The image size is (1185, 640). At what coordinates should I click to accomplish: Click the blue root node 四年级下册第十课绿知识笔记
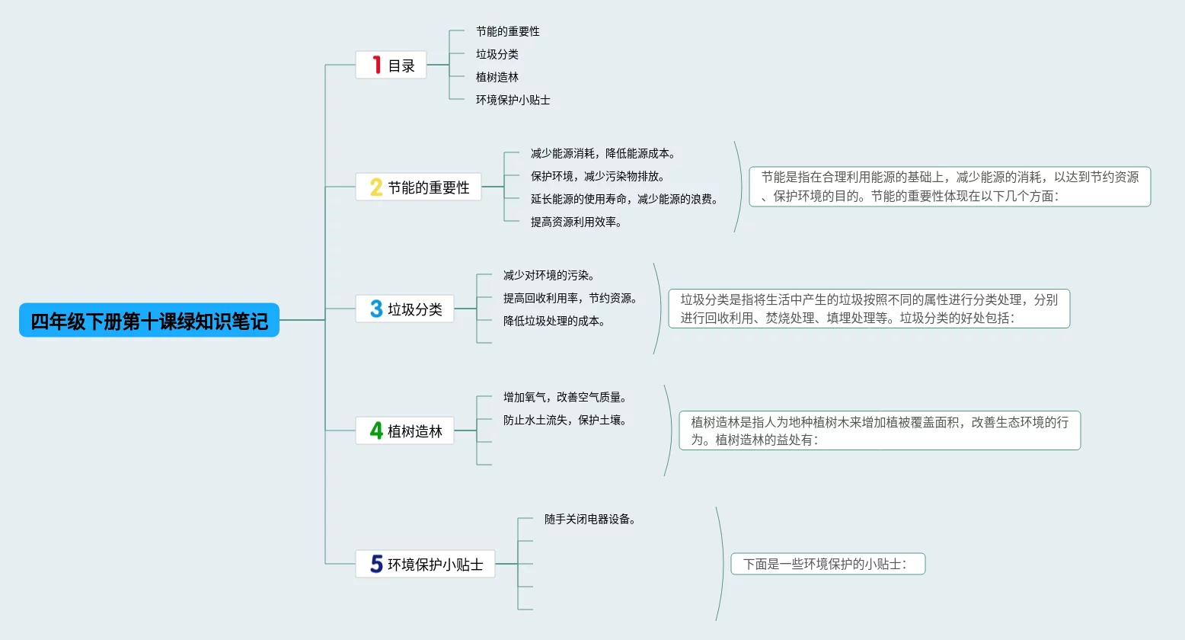pos(149,321)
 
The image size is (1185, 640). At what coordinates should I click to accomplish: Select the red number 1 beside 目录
pos(376,65)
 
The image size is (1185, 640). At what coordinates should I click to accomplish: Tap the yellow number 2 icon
pos(375,187)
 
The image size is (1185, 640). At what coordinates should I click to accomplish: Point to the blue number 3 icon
pos(375,309)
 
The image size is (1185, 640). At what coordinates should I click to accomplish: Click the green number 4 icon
pos(375,430)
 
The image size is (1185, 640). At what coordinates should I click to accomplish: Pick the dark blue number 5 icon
pos(376,564)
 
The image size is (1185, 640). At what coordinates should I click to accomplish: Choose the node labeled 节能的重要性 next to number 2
pos(428,187)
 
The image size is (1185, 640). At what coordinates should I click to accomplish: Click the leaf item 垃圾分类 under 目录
pos(497,54)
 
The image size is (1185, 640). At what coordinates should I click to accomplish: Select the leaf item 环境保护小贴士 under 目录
pos(513,100)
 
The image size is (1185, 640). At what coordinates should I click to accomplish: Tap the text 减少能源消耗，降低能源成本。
pos(602,153)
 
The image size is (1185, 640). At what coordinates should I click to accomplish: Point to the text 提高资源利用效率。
pos(576,222)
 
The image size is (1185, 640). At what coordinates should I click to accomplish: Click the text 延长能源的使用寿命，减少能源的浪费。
pos(624,199)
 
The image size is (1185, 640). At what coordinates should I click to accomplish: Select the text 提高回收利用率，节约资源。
pos(570,298)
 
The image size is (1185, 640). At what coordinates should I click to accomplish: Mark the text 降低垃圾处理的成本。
pos(554,321)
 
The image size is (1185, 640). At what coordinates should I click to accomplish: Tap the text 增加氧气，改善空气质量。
pos(564,397)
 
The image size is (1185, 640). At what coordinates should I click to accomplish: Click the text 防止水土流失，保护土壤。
pos(564,420)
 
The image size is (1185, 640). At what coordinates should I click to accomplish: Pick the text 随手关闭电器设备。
pos(589,519)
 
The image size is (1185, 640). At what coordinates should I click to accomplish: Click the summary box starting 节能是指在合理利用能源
pos(950,187)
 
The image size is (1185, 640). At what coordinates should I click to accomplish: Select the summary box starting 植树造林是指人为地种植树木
pos(880,430)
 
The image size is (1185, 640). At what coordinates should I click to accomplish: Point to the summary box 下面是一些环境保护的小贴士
pos(828,564)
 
